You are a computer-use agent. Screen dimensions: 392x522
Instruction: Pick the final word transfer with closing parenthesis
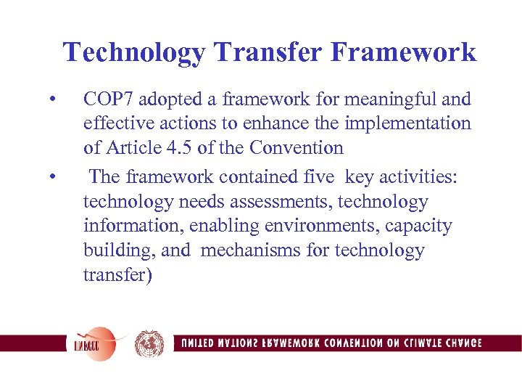click(x=118, y=276)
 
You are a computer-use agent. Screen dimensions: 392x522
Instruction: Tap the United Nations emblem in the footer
click(x=149, y=343)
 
